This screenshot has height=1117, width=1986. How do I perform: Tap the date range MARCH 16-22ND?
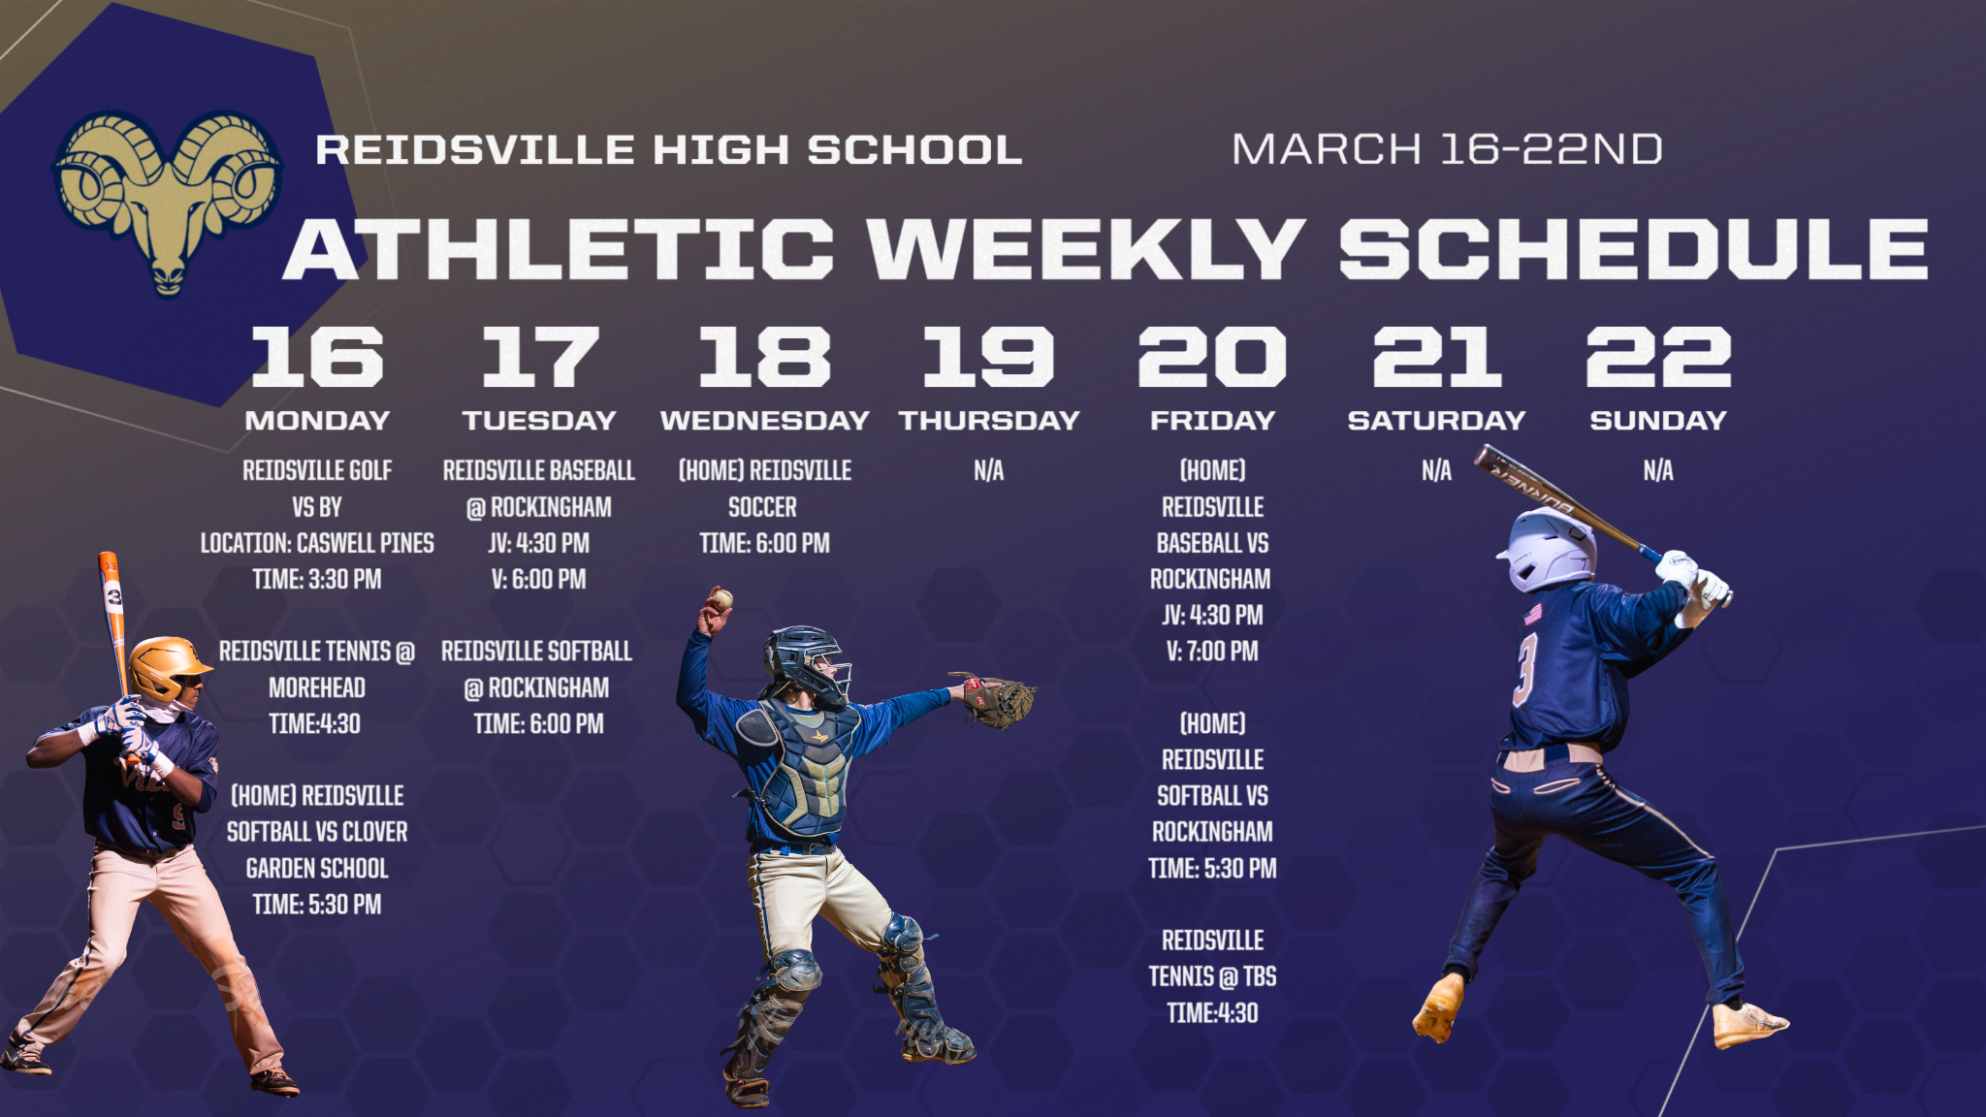1447,149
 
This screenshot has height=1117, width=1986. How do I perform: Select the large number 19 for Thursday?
988,356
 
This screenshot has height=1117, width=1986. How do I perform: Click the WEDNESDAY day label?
764,421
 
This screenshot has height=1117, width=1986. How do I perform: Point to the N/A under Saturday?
1436,471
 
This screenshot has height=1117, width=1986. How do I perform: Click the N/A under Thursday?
988,471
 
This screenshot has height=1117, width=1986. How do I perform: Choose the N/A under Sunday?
1658,471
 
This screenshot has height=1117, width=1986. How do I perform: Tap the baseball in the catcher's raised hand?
721,599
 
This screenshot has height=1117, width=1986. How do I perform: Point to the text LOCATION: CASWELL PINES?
317,543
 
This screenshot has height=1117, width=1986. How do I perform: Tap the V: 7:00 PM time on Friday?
1212,652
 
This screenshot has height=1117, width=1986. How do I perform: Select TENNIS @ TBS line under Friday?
1212,976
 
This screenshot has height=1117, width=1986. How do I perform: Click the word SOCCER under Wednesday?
762,507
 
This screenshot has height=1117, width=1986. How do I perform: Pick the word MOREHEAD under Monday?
317,687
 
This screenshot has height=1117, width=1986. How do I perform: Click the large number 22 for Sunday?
1658,356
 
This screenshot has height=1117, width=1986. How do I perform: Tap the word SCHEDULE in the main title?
1634,248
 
